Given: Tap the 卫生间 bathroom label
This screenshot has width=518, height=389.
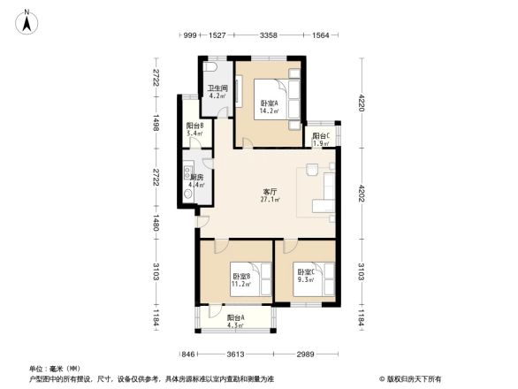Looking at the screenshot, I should pyautogui.click(x=217, y=92).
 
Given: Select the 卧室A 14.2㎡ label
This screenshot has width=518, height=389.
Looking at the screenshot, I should pyautogui.click(x=269, y=108).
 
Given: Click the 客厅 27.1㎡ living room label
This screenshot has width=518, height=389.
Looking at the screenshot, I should pyautogui.click(x=270, y=195).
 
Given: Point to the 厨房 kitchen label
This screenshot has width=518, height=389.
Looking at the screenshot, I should pyautogui.click(x=196, y=181).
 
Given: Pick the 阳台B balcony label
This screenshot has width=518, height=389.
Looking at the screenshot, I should pyautogui.click(x=195, y=130).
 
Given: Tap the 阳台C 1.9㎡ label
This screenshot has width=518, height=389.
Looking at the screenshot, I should pyautogui.click(x=320, y=140).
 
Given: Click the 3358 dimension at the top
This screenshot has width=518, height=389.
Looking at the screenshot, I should pyautogui.click(x=270, y=35).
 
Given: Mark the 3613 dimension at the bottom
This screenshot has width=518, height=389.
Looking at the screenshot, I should pyautogui.click(x=236, y=354).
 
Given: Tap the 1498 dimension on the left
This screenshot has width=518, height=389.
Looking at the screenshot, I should pyautogui.click(x=156, y=126).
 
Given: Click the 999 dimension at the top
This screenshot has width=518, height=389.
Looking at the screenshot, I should pyautogui.click(x=189, y=35).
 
